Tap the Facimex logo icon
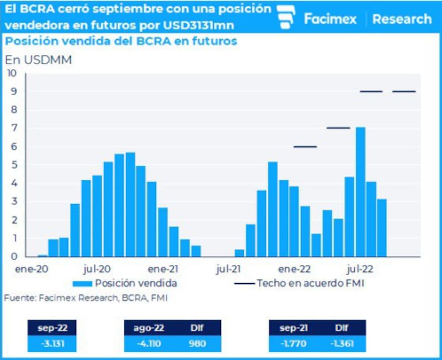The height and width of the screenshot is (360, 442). (x=286, y=18)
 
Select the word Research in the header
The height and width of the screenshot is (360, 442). (x=402, y=19)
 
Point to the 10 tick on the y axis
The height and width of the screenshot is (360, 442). (x=12, y=73)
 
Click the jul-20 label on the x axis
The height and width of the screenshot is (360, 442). (x=97, y=269)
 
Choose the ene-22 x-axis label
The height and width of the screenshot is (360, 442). (x=294, y=269)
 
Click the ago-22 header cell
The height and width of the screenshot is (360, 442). (x=148, y=328)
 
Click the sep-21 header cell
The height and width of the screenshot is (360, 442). (x=293, y=328)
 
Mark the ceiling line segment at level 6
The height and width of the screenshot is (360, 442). (x=305, y=147)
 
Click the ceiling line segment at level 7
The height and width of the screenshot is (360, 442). (x=338, y=128)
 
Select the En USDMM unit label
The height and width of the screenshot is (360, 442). (x=38, y=60)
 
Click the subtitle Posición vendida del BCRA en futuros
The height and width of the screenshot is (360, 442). (x=121, y=41)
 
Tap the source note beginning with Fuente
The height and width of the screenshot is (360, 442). (x=86, y=298)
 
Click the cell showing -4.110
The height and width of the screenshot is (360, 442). (x=148, y=343)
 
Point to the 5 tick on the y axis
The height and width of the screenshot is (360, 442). (x=13, y=165)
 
